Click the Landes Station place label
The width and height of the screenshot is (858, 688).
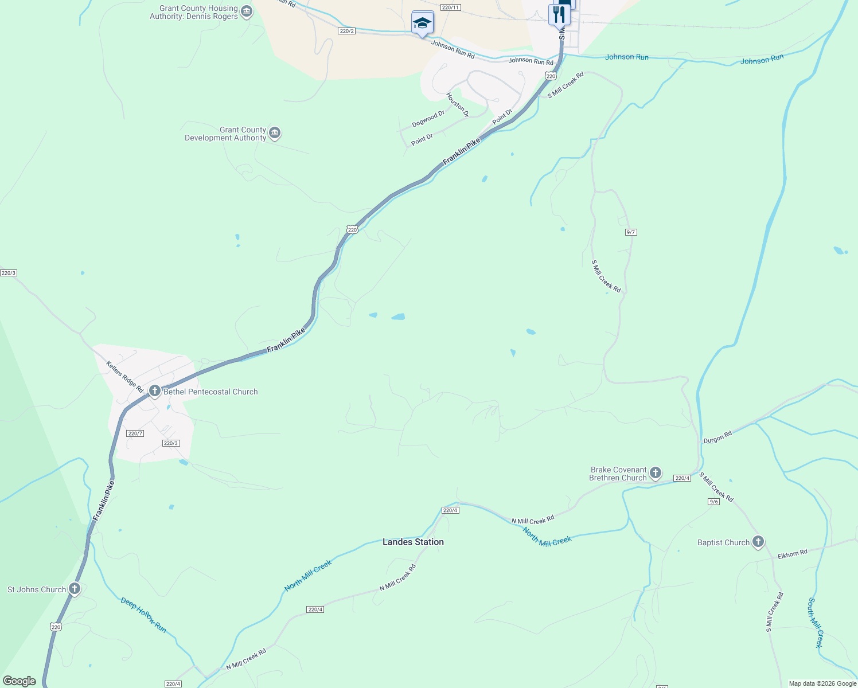click(413, 542)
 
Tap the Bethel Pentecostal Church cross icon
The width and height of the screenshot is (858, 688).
click(154, 391)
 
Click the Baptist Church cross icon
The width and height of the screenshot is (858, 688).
click(758, 541)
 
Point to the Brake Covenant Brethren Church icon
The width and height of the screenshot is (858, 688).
click(656, 473)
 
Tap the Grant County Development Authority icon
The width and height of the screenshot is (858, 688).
click(275, 133)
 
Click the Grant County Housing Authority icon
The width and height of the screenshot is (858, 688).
click(247, 11)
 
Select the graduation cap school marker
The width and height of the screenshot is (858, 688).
click(422, 23)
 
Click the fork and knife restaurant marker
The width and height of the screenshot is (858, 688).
click(559, 14)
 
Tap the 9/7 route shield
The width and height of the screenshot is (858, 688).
click(631, 232)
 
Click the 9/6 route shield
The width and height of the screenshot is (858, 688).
click(713, 502)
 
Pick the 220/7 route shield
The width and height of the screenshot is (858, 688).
click(135, 433)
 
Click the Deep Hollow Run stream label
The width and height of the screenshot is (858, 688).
click(143, 615)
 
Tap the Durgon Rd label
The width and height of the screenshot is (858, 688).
click(717, 437)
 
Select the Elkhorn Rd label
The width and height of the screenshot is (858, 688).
click(792, 554)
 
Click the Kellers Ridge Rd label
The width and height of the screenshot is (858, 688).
click(125, 377)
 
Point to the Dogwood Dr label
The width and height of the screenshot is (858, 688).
click(428, 119)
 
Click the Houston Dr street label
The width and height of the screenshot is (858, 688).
click(457, 105)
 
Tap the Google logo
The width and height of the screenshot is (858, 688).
click(19, 681)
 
